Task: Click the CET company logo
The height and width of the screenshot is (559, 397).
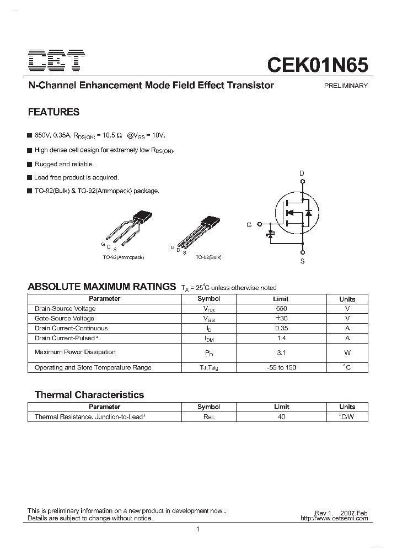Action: click(x=56, y=61)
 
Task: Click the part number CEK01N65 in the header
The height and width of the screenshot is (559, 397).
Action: click(x=318, y=64)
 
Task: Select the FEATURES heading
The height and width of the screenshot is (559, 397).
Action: click(x=53, y=112)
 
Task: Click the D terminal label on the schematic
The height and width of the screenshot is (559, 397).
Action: click(x=302, y=173)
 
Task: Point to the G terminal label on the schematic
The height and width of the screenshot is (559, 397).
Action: click(x=249, y=225)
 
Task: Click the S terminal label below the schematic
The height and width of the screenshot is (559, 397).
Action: click(x=302, y=261)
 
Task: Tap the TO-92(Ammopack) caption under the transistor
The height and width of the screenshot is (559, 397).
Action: click(x=124, y=257)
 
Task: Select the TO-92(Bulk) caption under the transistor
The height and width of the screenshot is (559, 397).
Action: click(x=208, y=257)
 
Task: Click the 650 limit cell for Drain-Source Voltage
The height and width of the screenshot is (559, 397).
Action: click(x=281, y=309)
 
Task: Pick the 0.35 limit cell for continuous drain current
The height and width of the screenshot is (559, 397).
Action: click(x=281, y=328)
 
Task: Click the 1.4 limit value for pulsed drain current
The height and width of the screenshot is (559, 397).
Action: click(x=281, y=338)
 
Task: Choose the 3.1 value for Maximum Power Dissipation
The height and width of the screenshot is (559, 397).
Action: click(x=281, y=352)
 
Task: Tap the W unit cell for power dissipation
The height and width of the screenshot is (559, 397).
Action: click(x=347, y=352)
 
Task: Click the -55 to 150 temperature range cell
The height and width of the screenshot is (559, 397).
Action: click(x=281, y=367)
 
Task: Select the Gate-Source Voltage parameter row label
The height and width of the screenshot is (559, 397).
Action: click(x=64, y=319)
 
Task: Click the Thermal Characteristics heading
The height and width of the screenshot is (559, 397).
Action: click(x=89, y=395)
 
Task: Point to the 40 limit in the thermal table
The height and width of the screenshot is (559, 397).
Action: click(x=281, y=417)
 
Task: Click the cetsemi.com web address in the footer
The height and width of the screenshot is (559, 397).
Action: click(x=334, y=518)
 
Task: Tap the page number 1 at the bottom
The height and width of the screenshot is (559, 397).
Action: click(x=197, y=530)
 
